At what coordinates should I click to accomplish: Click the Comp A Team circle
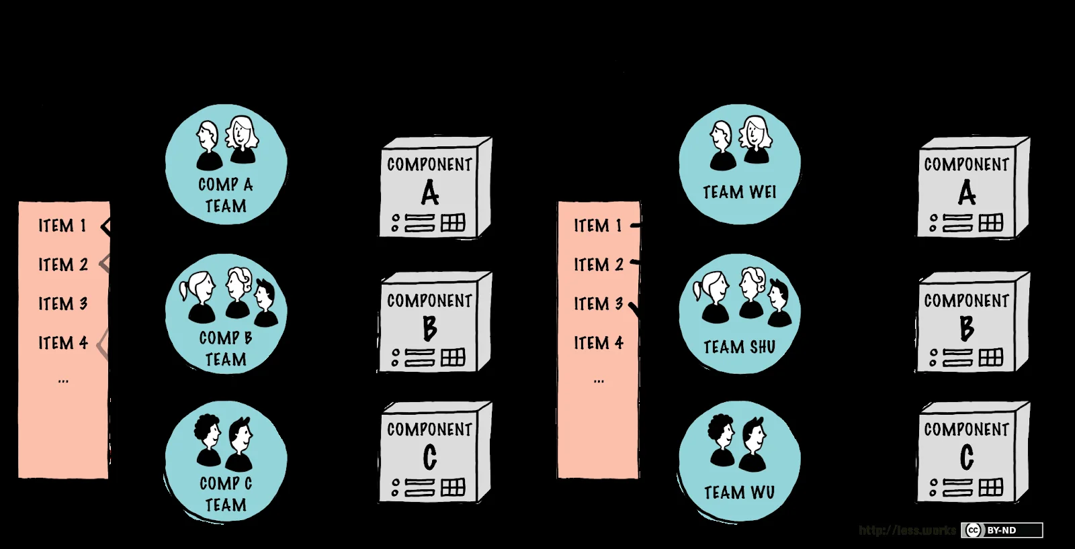[x=226, y=164]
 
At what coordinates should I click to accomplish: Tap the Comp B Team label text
[x=226, y=348]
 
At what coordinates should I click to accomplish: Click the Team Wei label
[x=739, y=193]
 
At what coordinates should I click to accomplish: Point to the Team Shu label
[x=739, y=347]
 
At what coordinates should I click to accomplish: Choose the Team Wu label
[x=739, y=493]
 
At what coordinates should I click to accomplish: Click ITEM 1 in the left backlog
[x=62, y=226]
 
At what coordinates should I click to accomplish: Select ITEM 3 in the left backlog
[x=62, y=304]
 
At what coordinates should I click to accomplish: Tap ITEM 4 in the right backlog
[x=598, y=343]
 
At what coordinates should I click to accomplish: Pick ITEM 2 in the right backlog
[x=598, y=265]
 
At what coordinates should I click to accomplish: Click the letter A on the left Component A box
[x=430, y=194]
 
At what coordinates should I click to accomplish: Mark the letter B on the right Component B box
[x=966, y=328]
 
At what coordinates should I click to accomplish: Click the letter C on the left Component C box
[x=430, y=458]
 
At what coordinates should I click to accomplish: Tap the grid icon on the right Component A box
[x=990, y=223]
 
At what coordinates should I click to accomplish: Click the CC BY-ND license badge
[x=1001, y=530]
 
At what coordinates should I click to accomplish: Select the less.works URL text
[x=907, y=530]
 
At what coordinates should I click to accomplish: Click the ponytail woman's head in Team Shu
[x=713, y=289]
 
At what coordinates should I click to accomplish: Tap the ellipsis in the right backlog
[x=599, y=381]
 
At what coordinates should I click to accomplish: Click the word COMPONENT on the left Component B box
[x=429, y=301]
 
